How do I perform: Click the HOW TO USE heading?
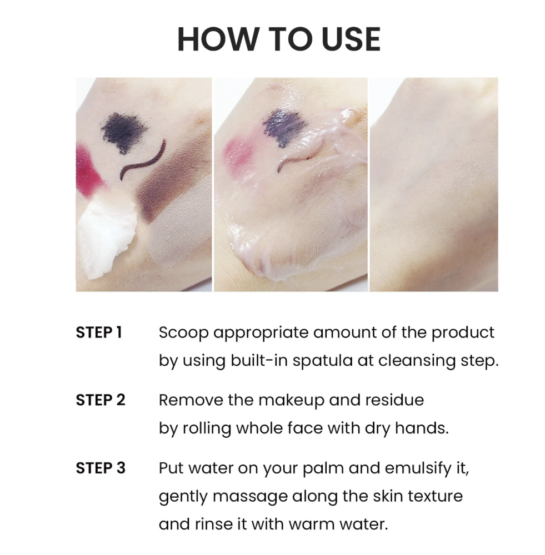click(279, 39)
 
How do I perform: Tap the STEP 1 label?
click(99, 332)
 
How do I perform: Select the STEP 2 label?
click(101, 400)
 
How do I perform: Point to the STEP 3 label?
click(101, 468)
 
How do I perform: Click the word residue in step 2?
click(394, 400)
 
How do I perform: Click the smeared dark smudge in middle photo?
click(284, 128)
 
